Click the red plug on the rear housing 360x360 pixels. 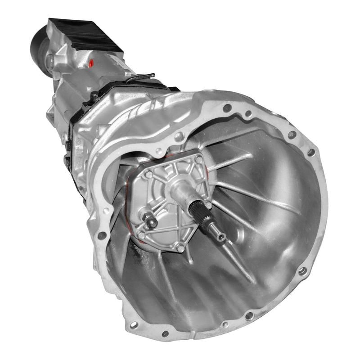(92, 63)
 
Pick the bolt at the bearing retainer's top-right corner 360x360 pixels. (198, 160)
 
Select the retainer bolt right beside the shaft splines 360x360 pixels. (209, 205)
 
